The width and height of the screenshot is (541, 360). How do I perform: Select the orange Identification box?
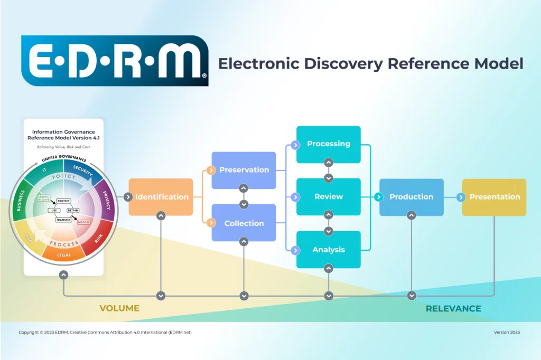pos(161,197)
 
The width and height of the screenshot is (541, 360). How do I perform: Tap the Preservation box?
pos(244,170)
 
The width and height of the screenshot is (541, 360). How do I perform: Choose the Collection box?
pos(244,223)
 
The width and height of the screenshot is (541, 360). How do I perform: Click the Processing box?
pos(329,144)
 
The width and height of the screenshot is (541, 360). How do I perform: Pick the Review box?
pos(329,196)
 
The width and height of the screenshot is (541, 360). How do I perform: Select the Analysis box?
pos(329,250)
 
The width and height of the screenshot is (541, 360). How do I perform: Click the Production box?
pos(412,197)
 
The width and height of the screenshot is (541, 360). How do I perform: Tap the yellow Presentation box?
pos(495,197)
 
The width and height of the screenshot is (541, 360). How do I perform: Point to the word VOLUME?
pos(119,308)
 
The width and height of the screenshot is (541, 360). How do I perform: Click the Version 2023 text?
pos(507,333)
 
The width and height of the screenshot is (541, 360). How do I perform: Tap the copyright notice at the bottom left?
pos(105,333)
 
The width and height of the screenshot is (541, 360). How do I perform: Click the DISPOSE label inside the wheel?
pos(83,222)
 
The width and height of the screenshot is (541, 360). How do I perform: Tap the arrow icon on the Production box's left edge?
pos(379,197)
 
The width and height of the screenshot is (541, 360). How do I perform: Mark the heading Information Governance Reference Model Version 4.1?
pos(63,135)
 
